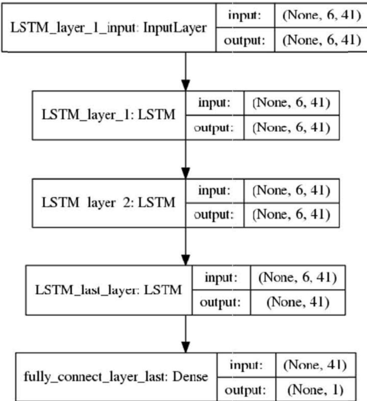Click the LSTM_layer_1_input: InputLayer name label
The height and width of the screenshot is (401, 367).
click(x=108, y=28)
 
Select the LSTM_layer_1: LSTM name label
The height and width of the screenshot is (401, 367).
click(x=108, y=115)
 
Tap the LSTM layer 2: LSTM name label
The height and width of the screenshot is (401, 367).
click(x=108, y=202)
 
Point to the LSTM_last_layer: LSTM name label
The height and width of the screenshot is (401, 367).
click(x=108, y=290)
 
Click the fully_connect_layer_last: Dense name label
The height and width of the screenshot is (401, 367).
click(x=116, y=377)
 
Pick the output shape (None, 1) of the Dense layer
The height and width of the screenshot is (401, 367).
click(x=316, y=390)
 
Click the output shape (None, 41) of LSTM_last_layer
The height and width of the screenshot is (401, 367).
click(x=298, y=302)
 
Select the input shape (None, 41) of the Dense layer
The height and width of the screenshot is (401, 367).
click(x=315, y=365)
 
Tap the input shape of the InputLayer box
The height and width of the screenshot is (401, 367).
click(x=322, y=15)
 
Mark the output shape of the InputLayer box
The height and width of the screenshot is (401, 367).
click(x=322, y=40)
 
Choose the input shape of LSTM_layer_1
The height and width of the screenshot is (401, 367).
click(x=291, y=103)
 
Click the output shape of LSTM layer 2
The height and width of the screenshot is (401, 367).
click(x=291, y=214)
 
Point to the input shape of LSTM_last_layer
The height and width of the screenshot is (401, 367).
click(x=298, y=277)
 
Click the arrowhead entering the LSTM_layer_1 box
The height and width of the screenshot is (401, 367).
click(x=186, y=86)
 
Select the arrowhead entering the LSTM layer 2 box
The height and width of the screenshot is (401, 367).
click(x=186, y=173)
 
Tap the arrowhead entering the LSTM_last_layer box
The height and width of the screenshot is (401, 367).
click(x=186, y=260)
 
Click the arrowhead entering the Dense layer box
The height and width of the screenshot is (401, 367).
click(x=186, y=347)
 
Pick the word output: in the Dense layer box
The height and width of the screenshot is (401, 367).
click(x=245, y=390)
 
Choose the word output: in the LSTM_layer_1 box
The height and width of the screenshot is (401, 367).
click(x=214, y=128)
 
